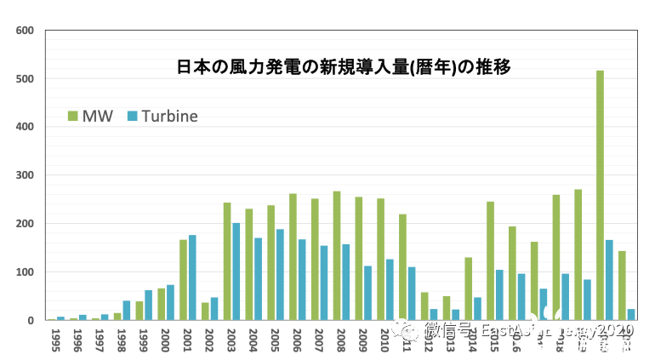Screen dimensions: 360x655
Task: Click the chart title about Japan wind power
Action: click(x=342, y=66)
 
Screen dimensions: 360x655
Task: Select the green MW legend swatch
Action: click(x=72, y=116)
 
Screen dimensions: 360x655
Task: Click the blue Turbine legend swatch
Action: click(x=132, y=116)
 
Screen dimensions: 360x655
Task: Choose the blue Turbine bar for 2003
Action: click(x=236, y=271)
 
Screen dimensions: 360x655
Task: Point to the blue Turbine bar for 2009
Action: click(x=368, y=293)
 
